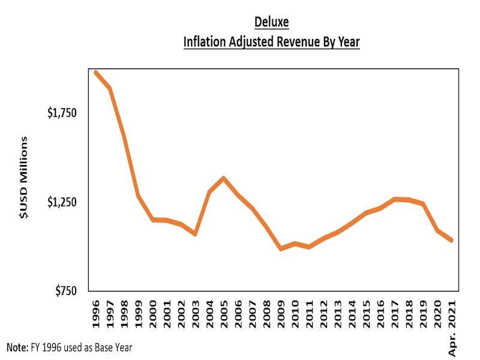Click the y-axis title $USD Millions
[25, 178]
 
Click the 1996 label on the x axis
[96, 312]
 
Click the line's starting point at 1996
[96, 73]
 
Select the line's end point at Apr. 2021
[451, 240]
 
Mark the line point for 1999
[139, 196]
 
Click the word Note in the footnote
[16, 347]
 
